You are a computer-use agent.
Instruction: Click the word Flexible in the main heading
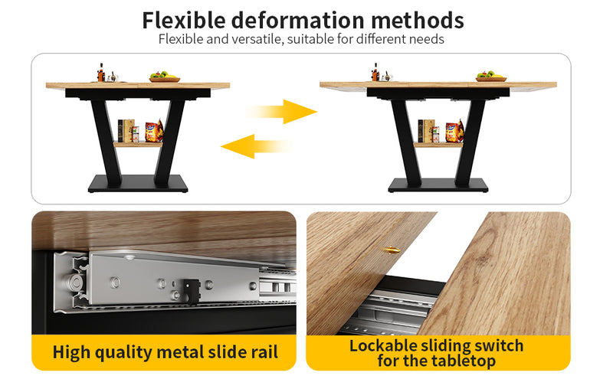pos(184,21)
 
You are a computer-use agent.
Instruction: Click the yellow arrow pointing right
pos(281,112)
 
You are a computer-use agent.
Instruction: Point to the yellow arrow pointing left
pos(256,146)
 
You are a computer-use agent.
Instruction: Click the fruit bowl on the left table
pos(165,77)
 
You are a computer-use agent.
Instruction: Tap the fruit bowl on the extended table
pos(491,77)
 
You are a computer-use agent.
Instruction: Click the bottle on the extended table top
pos(375,72)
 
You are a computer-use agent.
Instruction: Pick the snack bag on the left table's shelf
pos(154,131)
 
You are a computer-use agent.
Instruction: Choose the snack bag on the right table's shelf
pos(454,131)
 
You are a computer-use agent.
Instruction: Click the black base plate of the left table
pos(138,184)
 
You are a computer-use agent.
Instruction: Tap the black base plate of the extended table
pos(438,185)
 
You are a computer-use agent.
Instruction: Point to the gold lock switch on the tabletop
pos(392,250)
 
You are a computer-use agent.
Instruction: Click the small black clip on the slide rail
pos(191,291)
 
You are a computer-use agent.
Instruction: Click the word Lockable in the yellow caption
pos(383,346)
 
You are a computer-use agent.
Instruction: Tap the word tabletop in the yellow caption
pos(464,361)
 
